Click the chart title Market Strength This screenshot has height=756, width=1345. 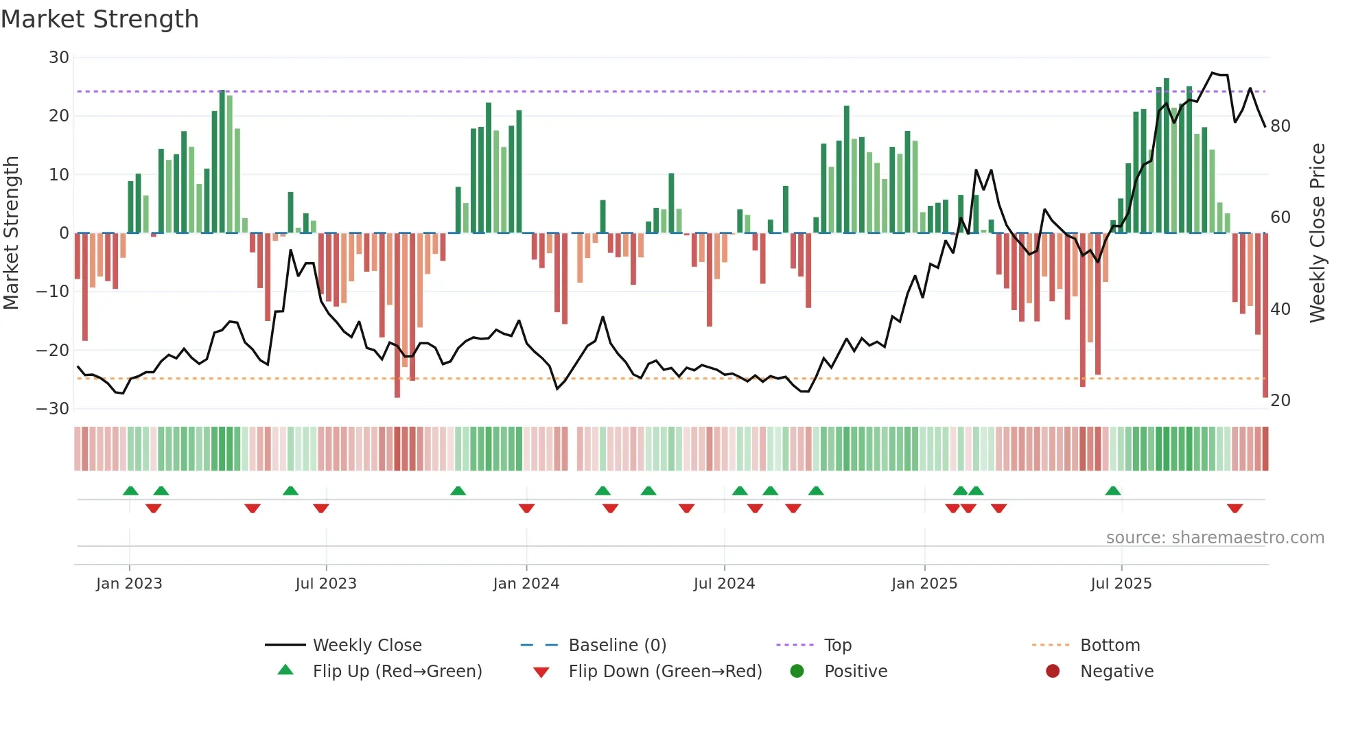click(x=100, y=19)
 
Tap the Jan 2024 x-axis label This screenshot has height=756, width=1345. click(x=526, y=584)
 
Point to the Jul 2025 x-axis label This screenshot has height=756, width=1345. click(x=1121, y=584)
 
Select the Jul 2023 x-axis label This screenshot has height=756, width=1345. click(x=326, y=584)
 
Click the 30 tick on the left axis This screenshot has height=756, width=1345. click(x=59, y=58)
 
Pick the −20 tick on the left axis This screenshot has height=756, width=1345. click(x=53, y=351)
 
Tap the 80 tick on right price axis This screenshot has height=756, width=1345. click(x=1280, y=126)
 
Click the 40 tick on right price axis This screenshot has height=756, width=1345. click(x=1280, y=309)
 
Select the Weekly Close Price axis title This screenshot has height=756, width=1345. click(x=1317, y=233)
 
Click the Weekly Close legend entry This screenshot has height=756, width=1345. click(x=366, y=646)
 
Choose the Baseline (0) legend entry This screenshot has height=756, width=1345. click(x=617, y=646)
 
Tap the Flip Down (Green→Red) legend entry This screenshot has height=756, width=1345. click(x=664, y=672)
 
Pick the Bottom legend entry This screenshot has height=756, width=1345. click(x=1110, y=646)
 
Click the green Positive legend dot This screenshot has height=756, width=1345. click(x=797, y=672)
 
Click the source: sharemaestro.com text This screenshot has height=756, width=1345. click(x=1215, y=538)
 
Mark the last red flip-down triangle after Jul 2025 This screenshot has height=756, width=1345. click(x=1235, y=508)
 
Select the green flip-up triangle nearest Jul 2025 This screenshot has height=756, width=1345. click(x=1113, y=491)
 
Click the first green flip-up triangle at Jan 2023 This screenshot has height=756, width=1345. click(x=130, y=491)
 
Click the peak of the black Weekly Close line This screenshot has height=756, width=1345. click(x=1213, y=73)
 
